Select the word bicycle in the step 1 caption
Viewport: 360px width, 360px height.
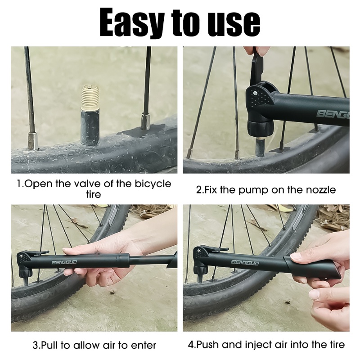pyautogui.click(x=153, y=184)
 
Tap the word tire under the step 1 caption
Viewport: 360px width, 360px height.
pyautogui.click(x=94, y=195)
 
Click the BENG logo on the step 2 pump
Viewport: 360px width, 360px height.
pyautogui.click(x=333, y=114)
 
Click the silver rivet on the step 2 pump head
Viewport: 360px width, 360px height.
pyautogui.click(x=255, y=94)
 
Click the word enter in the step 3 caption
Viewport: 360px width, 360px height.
pyautogui.click(x=143, y=345)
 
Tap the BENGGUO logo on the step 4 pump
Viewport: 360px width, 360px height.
pyautogui.click(x=245, y=262)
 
